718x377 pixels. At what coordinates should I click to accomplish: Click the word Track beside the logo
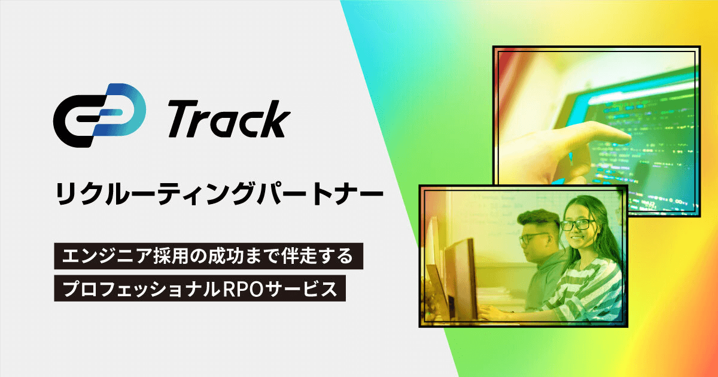(x=229, y=118)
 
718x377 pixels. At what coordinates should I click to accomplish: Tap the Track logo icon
(x=99, y=115)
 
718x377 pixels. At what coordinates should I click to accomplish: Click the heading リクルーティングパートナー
(x=219, y=194)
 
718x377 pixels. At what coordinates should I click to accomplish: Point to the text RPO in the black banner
(x=243, y=288)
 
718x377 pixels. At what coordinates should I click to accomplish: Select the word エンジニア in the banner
(x=107, y=256)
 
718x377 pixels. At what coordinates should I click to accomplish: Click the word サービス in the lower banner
(x=302, y=288)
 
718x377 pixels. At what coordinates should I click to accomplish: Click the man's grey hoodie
(x=545, y=282)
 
